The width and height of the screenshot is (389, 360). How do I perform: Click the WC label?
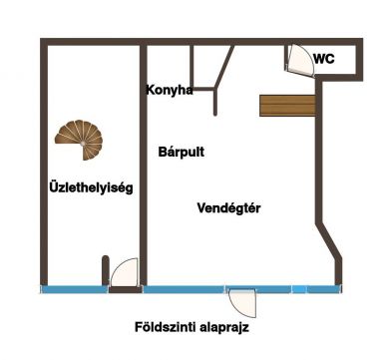click(x=324, y=59)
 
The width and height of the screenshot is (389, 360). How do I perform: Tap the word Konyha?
click(x=170, y=90)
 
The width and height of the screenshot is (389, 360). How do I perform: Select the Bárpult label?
click(x=182, y=152)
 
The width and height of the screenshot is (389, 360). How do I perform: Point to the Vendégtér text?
click(x=228, y=208)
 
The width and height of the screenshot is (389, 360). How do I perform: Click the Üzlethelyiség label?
click(x=91, y=187)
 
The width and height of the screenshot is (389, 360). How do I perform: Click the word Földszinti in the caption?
click(x=165, y=327)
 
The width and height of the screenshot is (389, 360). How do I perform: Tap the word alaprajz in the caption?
click(x=224, y=328)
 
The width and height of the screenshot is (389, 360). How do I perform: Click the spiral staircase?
click(x=80, y=140)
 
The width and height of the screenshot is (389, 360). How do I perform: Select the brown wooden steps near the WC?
click(x=287, y=106)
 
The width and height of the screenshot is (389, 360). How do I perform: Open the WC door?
click(x=300, y=60)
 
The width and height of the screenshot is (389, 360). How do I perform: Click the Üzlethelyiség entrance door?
click(x=124, y=272)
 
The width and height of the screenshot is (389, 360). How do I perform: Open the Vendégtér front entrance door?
click(x=242, y=303)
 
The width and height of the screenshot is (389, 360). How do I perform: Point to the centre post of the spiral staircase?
click(x=82, y=144)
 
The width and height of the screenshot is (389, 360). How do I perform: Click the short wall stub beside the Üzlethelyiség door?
click(x=105, y=270)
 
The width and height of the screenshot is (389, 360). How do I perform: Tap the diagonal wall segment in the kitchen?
click(x=224, y=67)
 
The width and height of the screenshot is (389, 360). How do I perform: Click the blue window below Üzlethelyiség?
click(x=75, y=289)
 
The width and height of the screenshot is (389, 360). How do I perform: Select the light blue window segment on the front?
click(x=299, y=289)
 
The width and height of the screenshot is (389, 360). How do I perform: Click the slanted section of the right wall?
click(x=328, y=240)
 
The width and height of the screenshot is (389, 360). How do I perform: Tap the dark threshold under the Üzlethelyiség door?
click(x=126, y=289)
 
